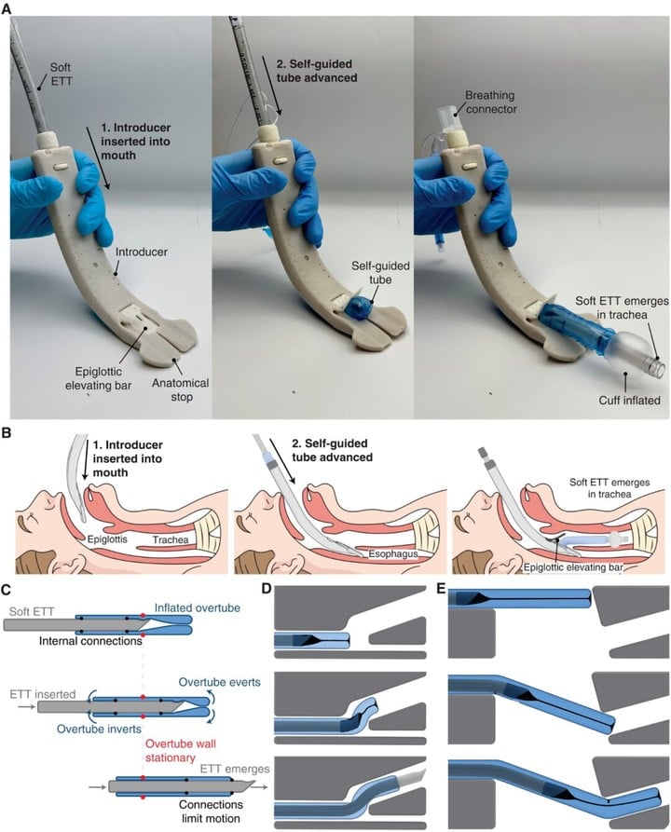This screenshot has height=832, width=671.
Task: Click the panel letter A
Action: [7, 8]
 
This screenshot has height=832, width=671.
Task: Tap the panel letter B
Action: [7, 432]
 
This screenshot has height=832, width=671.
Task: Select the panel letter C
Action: [7, 589]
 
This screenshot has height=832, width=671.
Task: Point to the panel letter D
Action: [267, 589]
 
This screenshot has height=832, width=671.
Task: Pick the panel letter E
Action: [440, 589]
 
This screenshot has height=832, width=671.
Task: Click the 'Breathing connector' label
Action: [490, 102]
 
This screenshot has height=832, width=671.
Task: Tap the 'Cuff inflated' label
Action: [630, 400]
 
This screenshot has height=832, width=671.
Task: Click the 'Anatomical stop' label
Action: [181, 389]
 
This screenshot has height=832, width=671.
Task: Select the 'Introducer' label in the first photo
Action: [142, 252]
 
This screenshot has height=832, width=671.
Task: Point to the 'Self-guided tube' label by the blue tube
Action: [380, 273]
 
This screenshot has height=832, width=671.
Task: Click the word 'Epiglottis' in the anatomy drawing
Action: [108, 539]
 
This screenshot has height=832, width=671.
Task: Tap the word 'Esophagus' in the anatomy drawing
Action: [393, 554]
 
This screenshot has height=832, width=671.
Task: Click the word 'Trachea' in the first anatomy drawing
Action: [171, 539]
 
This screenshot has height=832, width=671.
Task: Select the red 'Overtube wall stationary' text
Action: [181, 750]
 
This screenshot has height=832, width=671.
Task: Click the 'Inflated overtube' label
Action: [198, 607]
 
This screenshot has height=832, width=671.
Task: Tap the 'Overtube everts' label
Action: [220, 682]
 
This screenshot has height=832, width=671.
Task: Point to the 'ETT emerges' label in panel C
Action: [235, 769]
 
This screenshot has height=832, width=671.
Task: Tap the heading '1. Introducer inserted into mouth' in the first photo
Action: [136, 142]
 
